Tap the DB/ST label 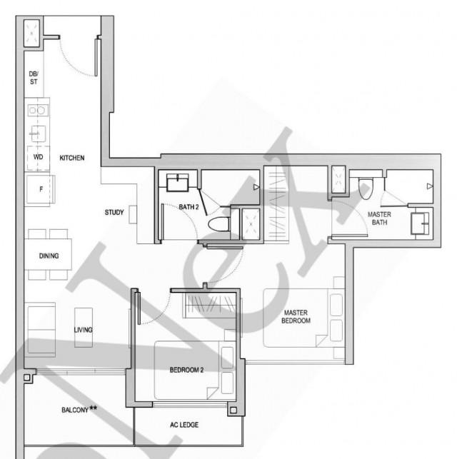(x=34, y=78)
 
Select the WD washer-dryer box (x=38, y=156)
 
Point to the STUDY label (x=114, y=212)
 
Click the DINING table (x=49, y=255)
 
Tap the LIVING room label (x=83, y=330)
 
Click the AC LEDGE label (x=184, y=425)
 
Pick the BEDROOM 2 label (x=187, y=370)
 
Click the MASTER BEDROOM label (x=296, y=317)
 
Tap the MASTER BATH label (x=379, y=218)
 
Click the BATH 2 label (x=189, y=207)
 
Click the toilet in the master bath (x=365, y=188)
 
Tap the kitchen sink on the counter (x=38, y=133)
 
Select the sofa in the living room (x=41, y=328)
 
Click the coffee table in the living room (x=84, y=328)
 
